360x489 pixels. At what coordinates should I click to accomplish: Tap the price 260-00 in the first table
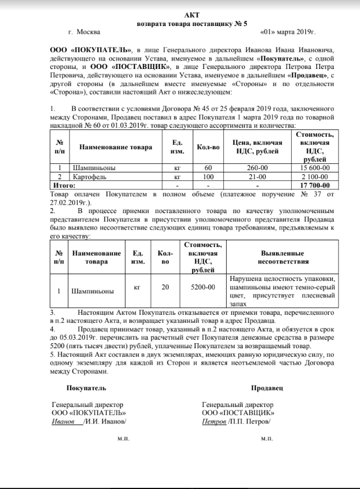click(261, 168)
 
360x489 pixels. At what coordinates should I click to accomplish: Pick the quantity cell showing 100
click(208, 176)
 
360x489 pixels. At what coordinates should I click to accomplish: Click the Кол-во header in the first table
click(208, 148)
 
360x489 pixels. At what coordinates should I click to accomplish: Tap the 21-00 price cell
click(261, 176)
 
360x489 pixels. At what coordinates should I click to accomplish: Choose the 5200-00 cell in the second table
click(203, 288)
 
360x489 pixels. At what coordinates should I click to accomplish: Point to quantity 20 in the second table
click(165, 288)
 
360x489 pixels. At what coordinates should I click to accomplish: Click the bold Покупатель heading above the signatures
click(86, 388)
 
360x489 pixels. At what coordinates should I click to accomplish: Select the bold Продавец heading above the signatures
click(269, 388)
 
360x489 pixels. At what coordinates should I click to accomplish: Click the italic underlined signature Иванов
click(63, 422)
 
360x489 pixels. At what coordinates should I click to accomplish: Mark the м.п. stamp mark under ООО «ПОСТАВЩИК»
click(266, 438)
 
